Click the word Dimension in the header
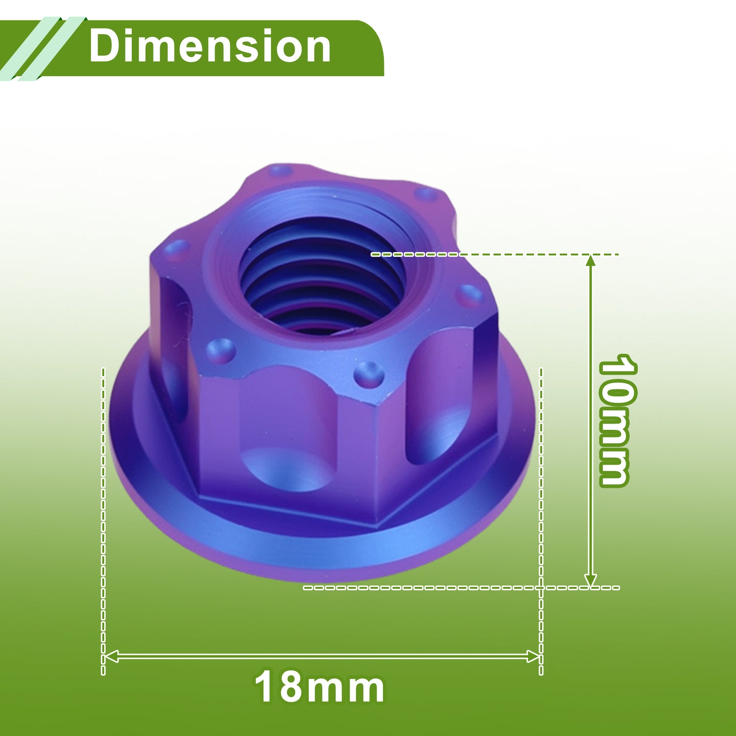coord(210,46)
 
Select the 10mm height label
coord(617,420)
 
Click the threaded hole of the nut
coord(321,275)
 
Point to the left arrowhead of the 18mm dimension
coord(111,657)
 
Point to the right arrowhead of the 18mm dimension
coord(533,657)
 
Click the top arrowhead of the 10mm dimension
coord(590,261)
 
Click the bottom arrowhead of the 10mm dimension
coord(590,581)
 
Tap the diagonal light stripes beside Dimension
coord(42,49)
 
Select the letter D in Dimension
coord(104,46)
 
